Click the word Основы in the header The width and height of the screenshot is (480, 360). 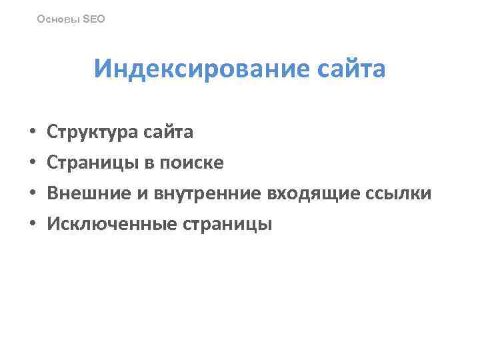[57, 19]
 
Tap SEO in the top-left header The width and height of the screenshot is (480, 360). [93, 19]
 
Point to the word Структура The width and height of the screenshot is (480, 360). [93, 132]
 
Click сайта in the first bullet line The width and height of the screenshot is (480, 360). [169, 132]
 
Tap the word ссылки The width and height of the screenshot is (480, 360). [399, 194]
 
